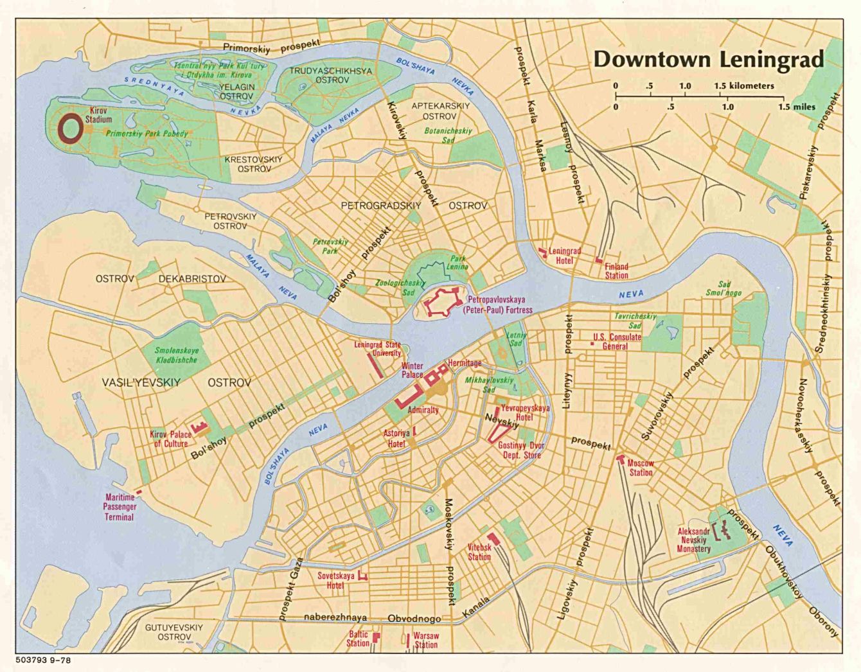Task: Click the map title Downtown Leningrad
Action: coord(708,59)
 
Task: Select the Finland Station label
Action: coord(616,271)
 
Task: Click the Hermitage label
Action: coord(465,363)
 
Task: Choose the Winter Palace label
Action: coord(413,370)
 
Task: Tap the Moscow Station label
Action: coord(640,468)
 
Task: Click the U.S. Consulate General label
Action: coord(616,341)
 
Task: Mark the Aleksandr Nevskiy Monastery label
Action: coord(693,540)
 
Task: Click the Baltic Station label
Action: coord(358,639)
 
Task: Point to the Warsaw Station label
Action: coord(425,640)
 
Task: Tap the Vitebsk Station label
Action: coord(479,552)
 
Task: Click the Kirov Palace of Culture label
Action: coord(170,439)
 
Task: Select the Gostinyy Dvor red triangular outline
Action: coord(495,434)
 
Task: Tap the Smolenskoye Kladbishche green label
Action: coord(176,355)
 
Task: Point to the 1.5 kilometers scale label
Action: coord(743,85)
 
